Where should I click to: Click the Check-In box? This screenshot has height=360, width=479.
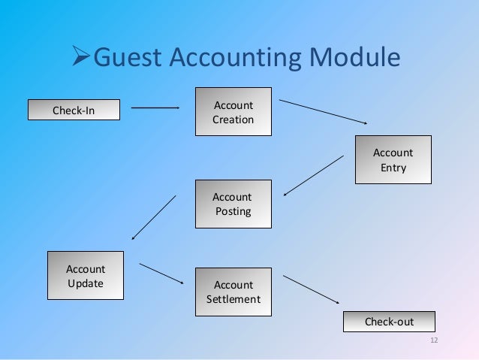point(73,110)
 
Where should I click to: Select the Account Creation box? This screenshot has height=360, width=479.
point(233,112)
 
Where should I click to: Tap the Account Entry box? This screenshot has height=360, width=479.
point(393,159)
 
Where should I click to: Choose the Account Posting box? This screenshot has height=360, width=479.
point(233,204)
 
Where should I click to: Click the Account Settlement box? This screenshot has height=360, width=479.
point(233,292)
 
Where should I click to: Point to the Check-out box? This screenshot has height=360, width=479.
point(389,322)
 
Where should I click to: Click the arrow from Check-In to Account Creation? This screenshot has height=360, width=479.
point(155,108)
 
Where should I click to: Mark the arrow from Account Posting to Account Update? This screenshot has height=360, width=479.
point(154,217)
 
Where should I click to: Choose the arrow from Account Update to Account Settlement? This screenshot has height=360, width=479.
point(161,273)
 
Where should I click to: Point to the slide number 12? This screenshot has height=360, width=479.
point(433,342)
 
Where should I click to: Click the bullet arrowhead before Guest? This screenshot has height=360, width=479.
point(79,59)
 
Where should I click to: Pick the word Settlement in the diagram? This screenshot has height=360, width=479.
point(233,299)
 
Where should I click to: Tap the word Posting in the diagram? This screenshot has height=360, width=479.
point(233,211)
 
